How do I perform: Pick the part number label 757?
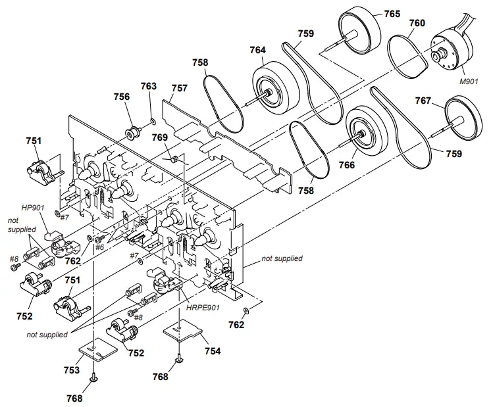[180, 87]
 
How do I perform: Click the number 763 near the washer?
[149, 86]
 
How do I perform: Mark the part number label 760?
[417, 23]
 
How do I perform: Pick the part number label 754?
[212, 351]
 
